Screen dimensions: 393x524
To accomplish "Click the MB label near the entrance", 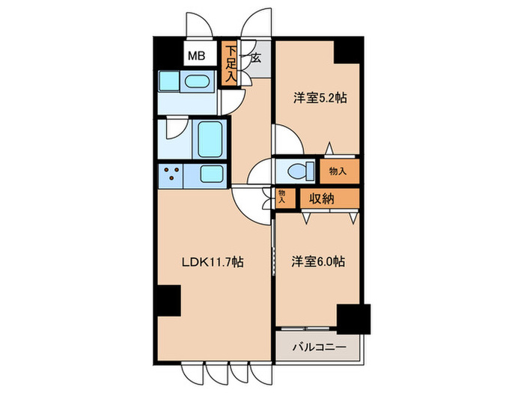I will (x=196, y=55).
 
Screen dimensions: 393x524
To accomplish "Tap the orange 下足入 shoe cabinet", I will (x=231, y=64).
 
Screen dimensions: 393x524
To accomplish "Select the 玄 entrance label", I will (x=255, y=57).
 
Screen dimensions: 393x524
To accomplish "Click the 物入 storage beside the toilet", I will (x=338, y=171).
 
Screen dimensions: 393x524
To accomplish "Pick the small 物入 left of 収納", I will (x=282, y=197).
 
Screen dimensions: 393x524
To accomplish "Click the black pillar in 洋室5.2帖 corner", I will (x=347, y=51).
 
